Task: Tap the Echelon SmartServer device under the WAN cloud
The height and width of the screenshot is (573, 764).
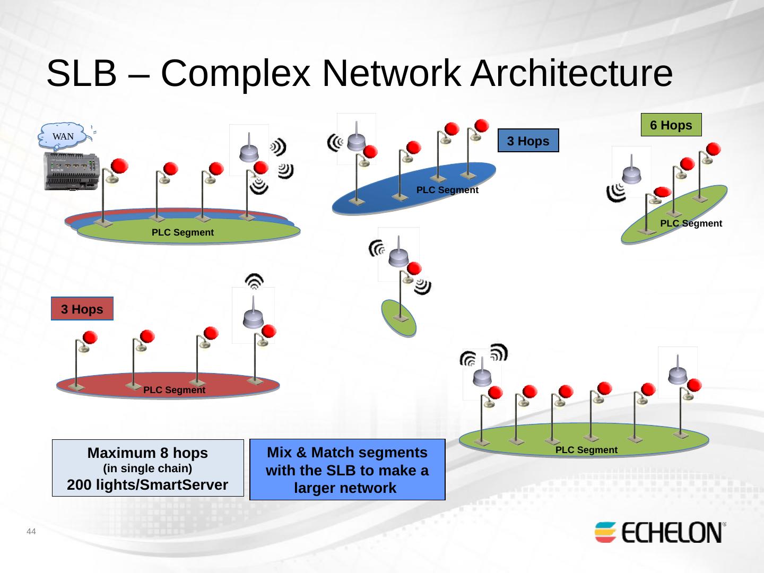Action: coord(72,171)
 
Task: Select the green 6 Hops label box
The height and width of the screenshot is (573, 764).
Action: coord(671,125)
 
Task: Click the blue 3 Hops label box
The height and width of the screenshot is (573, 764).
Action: coord(528,141)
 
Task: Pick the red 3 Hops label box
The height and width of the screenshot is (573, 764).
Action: coord(82,309)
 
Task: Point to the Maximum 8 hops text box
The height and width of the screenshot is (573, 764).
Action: coord(148,468)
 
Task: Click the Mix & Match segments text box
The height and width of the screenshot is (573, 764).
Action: coord(348,470)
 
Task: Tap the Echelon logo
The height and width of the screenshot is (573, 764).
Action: coord(660,532)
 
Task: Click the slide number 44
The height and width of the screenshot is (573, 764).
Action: coord(31,531)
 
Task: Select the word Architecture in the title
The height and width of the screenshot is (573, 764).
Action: coord(571,73)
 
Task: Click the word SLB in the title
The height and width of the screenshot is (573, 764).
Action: coord(82,73)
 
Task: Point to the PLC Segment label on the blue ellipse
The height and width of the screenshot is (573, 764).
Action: coord(447,190)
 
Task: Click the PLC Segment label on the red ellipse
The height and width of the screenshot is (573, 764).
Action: coord(175,390)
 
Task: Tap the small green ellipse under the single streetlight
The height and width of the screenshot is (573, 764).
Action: coord(399,318)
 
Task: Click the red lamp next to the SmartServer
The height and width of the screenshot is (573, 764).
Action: coord(119,166)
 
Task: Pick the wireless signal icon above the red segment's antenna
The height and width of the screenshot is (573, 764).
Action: coord(255,281)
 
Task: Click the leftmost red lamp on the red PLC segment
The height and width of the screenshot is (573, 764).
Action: coord(90,337)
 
